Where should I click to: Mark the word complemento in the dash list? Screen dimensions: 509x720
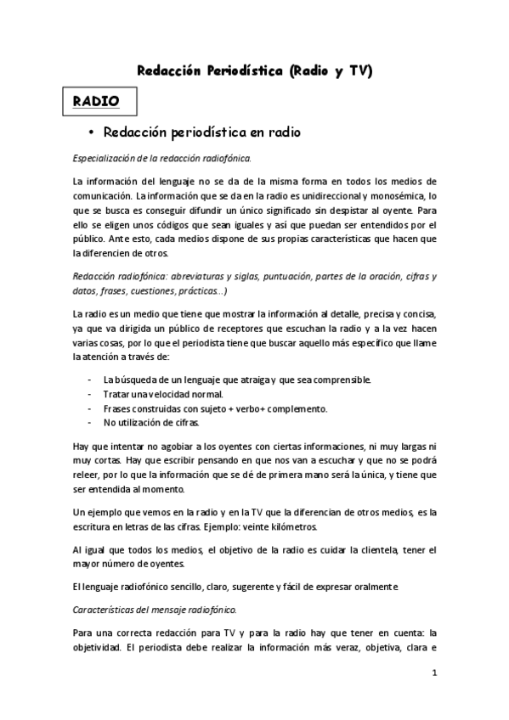pyautogui.click(x=297, y=408)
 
